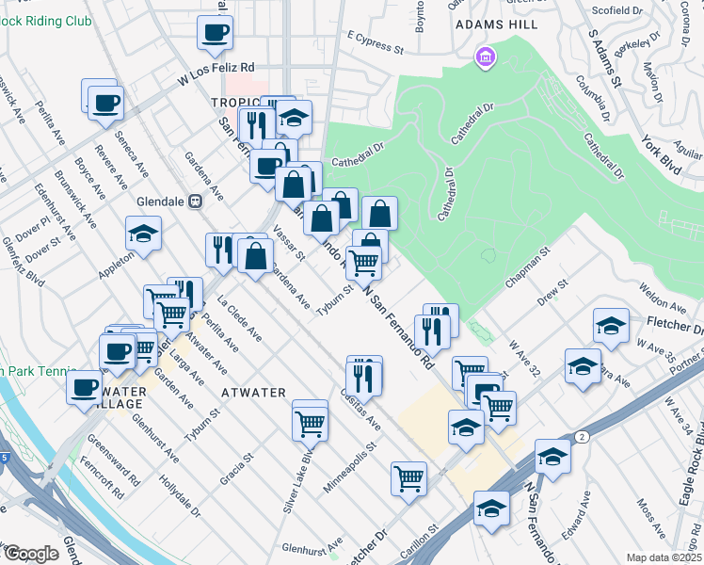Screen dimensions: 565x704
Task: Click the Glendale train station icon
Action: [196, 201]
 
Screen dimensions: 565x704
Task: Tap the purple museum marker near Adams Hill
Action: [486, 58]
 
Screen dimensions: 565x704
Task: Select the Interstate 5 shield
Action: [5, 458]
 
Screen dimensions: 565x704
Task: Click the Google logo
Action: [31, 554]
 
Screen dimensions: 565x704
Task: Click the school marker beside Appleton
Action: [143, 234]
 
